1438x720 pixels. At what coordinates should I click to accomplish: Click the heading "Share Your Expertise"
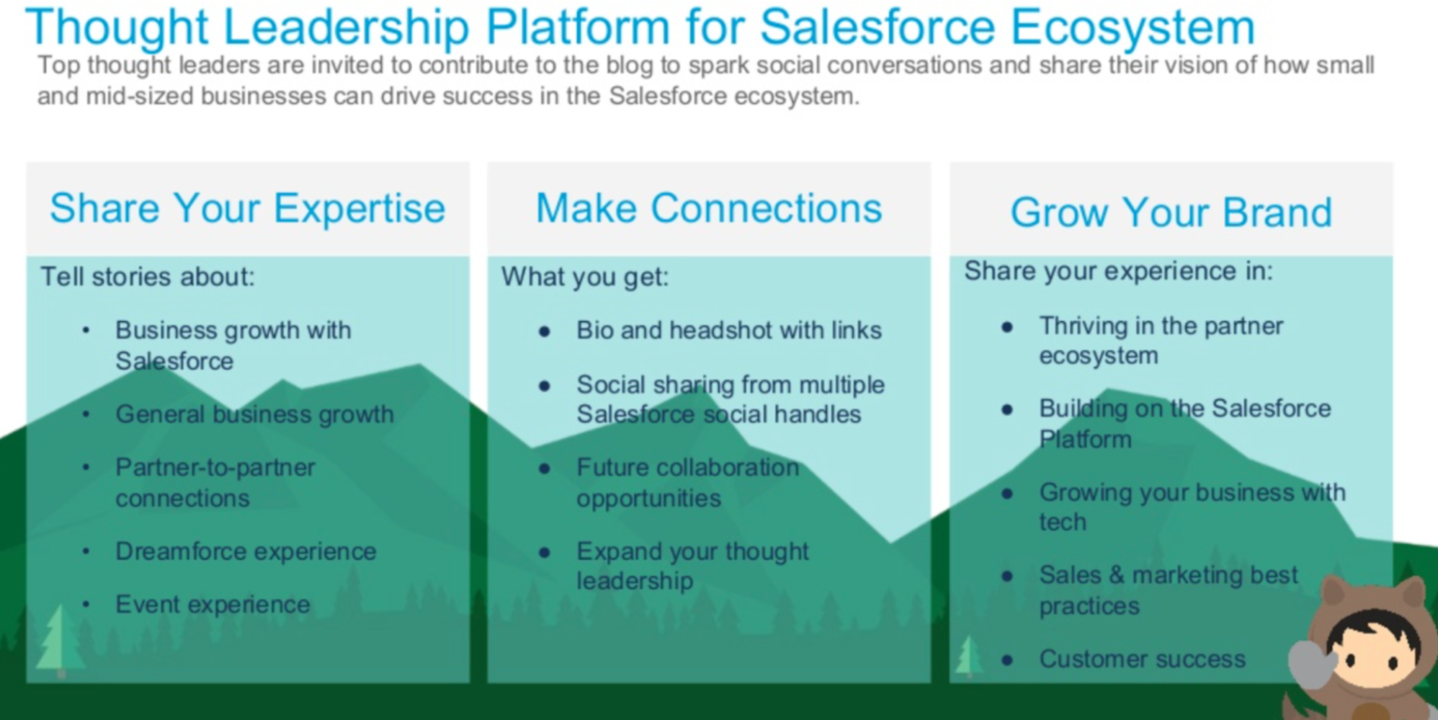click(x=247, y=208)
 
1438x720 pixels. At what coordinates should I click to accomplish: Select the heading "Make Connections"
click(x=709, y=208)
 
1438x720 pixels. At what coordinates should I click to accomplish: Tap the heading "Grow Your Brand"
click(x=1170, y=213)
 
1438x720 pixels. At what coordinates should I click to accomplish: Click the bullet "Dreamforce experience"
click(x=245, y=551)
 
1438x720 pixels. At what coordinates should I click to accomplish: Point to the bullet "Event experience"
click(x=213, y=605)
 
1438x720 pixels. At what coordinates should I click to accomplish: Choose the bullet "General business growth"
click(x=254, y=414)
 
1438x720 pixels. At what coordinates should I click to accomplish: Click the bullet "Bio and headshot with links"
click(x=728, y=331)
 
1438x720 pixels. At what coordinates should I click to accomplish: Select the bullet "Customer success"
click(x=1141, y=659)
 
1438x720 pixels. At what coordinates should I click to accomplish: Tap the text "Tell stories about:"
click(x=147, y=277)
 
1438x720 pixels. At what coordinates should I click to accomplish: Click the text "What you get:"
click(x=585, y=277)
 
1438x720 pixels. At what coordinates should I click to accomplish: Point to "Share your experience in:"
click(x=1118, y=272)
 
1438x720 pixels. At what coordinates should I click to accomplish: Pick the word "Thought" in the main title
click(x=118, y=28)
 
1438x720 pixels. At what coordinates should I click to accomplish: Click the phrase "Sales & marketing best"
click(x=1167, y=575)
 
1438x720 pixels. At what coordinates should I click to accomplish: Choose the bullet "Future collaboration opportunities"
click(x=686, y=482)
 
